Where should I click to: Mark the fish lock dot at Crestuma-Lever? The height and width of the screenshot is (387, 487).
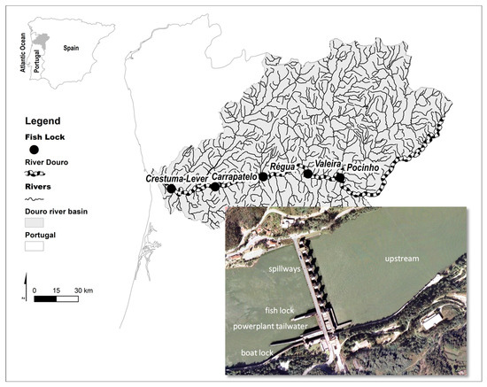172,190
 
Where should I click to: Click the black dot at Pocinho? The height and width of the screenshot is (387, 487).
339,177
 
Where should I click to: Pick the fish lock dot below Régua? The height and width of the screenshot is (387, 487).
263,176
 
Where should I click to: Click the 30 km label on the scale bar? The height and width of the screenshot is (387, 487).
84,291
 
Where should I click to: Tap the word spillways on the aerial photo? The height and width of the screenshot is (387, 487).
284,266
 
